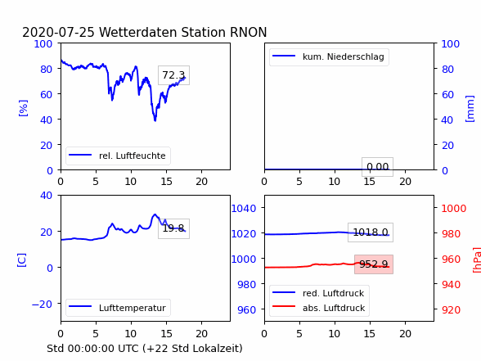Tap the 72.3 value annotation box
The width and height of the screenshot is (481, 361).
pos(173,75)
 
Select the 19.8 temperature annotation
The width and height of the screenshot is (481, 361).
pos(173,228)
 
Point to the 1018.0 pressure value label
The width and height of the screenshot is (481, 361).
pos(371,232)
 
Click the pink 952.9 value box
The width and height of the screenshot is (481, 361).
pos(374,264)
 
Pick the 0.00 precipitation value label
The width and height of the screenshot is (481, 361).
pos(377,167)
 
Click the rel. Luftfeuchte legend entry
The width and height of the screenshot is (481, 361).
pos(118,156)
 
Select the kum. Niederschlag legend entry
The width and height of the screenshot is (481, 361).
pos(329,56)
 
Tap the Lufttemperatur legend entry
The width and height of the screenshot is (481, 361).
pos(118,308)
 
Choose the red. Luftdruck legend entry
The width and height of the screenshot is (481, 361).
pos(319,293)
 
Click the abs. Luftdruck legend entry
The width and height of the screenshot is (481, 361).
pos(319,308)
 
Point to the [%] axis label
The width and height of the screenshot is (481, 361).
pos(23,108)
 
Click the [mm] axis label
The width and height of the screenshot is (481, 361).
pos(470,109)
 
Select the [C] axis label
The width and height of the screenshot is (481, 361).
pos(21,260)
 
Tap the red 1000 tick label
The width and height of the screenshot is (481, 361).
pos(454,209)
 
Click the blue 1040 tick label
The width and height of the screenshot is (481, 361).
pos(244,209)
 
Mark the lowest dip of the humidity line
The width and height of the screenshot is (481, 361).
pos(155,120)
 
